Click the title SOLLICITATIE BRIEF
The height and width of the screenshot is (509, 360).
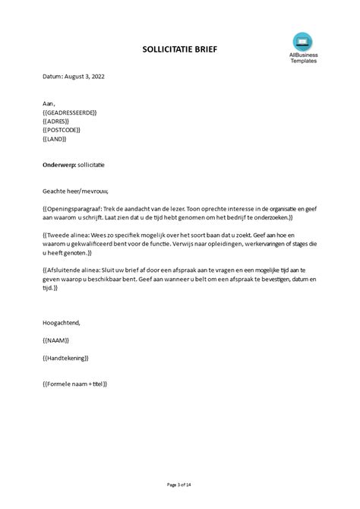pyautogui.click(x=179, y=49)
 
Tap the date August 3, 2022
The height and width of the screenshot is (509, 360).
pyautogui.click(x=76, y=77)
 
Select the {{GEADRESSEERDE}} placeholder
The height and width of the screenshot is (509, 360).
pyautogui.click(x=71, y=112)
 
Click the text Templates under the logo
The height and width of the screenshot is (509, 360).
pyautogui.click(x=303, y=60)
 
